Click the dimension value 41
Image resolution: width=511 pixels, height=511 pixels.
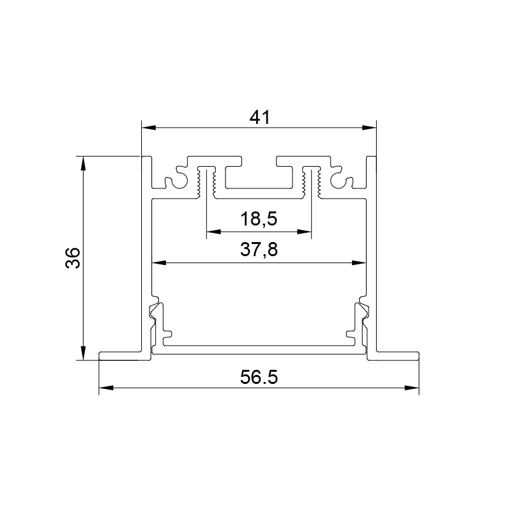tap(260, 118)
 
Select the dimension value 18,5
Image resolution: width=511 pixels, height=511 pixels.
tap(259, 218)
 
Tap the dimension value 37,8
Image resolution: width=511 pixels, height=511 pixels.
tap(259, 250)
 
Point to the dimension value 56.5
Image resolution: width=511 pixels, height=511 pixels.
tap(259, 378)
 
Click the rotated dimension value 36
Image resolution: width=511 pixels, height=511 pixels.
tap(73, 258)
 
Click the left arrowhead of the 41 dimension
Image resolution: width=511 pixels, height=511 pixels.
tap(149, 128)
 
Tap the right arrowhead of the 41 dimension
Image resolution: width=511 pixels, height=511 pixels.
tap(369, 128)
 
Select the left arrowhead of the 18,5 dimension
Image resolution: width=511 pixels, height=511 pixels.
tap(214, 232)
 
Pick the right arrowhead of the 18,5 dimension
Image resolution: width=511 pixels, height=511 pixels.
tap(305, 232)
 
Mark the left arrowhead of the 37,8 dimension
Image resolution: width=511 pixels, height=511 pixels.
tap(159, 263)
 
